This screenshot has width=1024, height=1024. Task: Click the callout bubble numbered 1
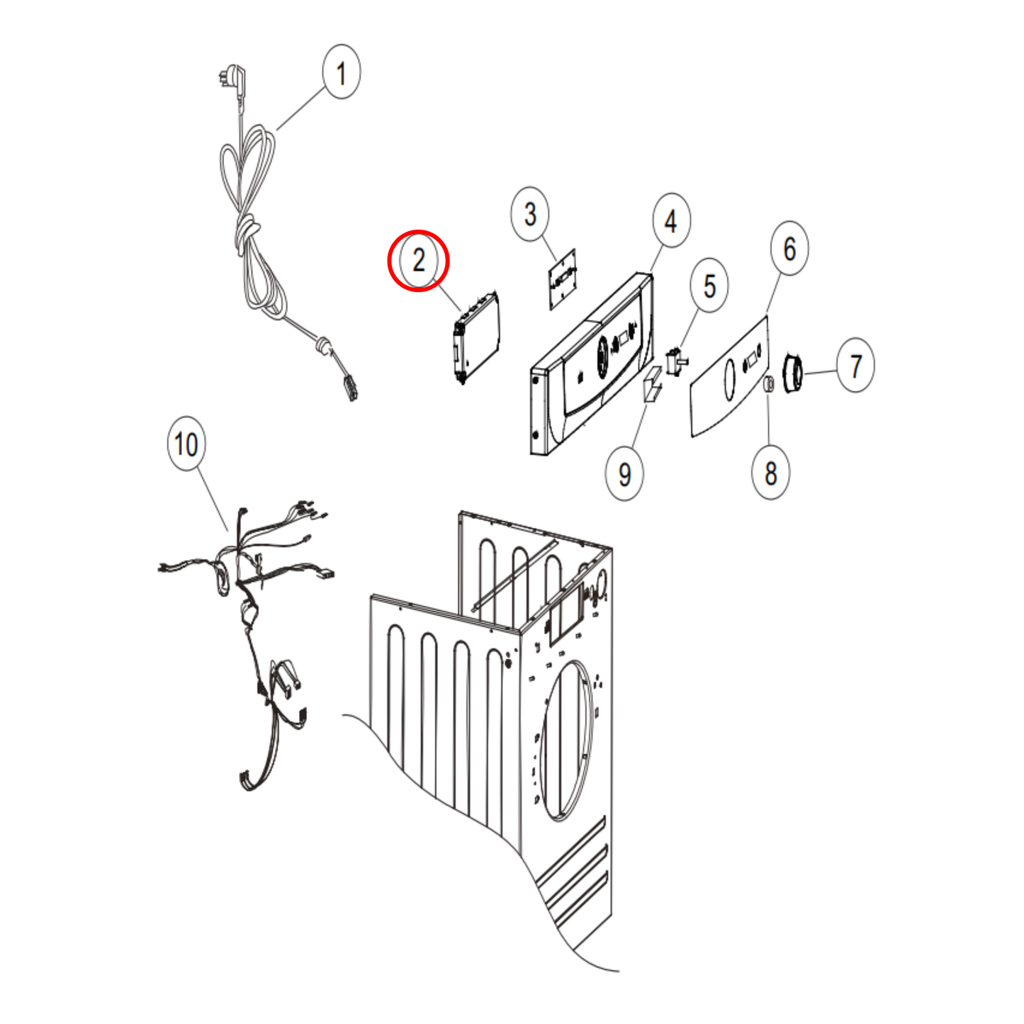tap(342, 72)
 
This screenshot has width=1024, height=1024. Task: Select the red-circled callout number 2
tap(418, 260)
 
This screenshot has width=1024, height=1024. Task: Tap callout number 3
tap(530, 214)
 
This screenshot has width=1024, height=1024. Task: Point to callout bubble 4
tap(671, 220)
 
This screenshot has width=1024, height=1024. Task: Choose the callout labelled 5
tap(709, 286)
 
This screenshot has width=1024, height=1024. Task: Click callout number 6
tap(789, 248)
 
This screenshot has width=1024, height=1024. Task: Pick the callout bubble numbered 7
tap(855, 365)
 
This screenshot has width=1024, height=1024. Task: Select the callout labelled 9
tap(625, 473)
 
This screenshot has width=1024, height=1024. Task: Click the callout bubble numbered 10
tap(186, 443)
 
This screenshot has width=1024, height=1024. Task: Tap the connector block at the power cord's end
tap(351, 388)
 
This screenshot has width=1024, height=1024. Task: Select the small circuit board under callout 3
tap(562, 279)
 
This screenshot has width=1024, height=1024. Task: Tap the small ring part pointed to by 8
tap(769, 383)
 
